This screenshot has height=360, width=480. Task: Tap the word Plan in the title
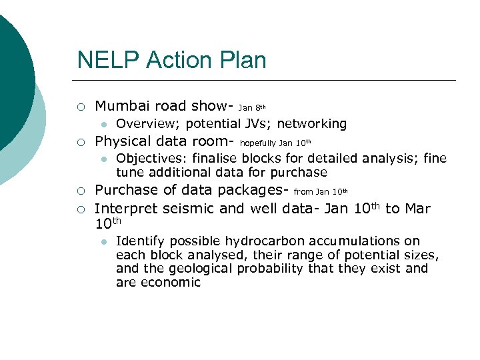(x=241, y=60)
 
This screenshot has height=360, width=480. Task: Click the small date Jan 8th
(x=251, y=107)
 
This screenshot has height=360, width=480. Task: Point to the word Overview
(x=144, y=123)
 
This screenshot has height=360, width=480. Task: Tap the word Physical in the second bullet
(x=125, y=141)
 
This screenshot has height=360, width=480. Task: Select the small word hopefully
(x=257, y=143)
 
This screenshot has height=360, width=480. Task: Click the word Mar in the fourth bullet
(x=417, y=209)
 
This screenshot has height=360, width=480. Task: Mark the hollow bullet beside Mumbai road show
(x=80, y=106)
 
